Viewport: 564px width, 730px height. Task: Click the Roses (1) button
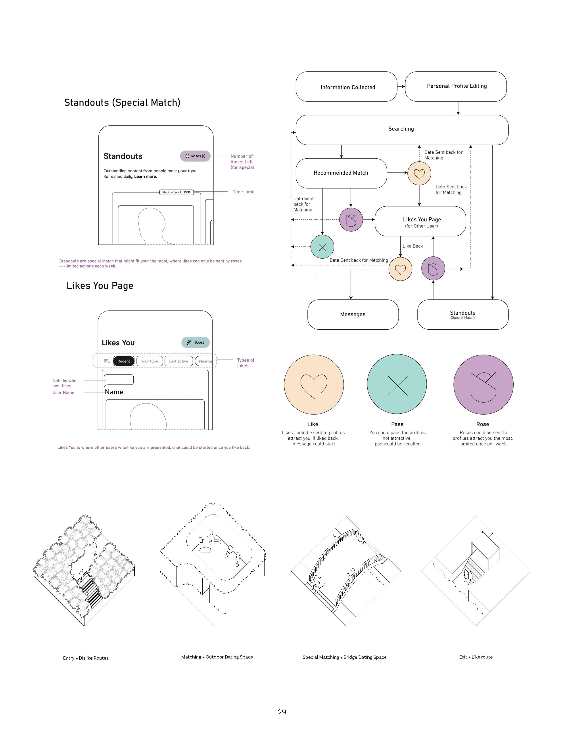pos(195,156)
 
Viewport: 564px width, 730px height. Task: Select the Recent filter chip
pos(124,361)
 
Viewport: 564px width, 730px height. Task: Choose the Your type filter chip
pos(149,361)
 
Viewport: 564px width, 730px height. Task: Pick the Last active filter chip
pos(178,361)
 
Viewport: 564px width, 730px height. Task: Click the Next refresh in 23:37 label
pos(176,192)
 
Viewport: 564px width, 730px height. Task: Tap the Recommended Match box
pos(341,173)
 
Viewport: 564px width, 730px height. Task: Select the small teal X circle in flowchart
pos(322,247)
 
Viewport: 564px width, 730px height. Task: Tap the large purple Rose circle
pos(483,384)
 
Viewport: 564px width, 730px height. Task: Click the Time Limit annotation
pos(244,192)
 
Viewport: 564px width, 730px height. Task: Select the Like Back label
pos(413,246)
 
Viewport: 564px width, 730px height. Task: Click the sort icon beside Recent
pos(107,361)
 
